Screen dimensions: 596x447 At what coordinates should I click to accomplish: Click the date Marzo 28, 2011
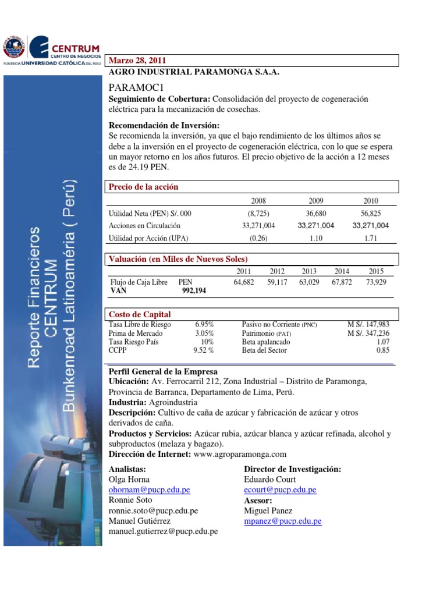[x=138, y=61]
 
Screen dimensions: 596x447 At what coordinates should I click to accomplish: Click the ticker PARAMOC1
[x=134, y=87]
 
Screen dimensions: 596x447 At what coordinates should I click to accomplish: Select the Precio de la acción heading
[x=144, y=187]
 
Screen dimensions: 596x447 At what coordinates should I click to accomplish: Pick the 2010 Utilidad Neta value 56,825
[x=371, y=214]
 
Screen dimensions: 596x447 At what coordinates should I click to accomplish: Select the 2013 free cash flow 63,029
[x=310, y=282]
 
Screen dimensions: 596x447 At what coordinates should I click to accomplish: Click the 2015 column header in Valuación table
[x=377, y=271]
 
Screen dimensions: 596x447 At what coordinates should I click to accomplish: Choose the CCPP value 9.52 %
[x=203, y=350]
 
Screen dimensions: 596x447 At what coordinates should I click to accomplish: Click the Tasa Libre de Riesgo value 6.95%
[x=204, y=324]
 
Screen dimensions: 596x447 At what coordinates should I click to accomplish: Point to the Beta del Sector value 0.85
[x=382, y=350]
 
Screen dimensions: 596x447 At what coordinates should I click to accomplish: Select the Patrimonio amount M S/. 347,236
[x=368, y=333]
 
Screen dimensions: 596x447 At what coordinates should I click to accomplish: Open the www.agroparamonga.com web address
[x=240, y=454]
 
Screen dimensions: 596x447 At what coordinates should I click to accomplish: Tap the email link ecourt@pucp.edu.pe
[x=280, y=490]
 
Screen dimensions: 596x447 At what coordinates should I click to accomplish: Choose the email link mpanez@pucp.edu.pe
[x=283, y=521]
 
